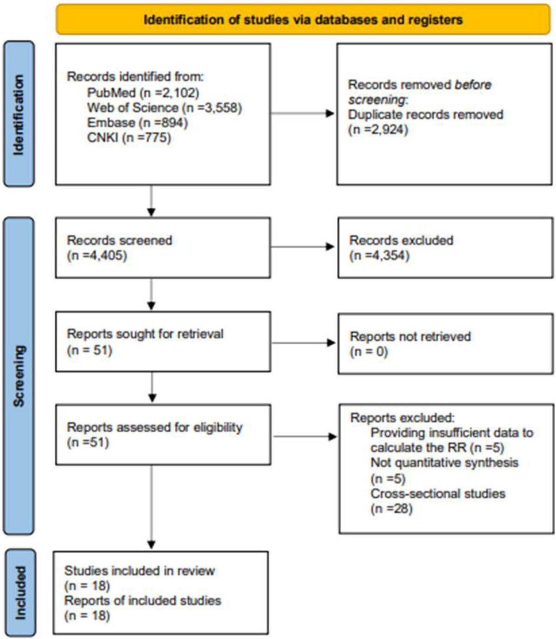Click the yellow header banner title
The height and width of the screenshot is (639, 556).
click(x=303, y=20)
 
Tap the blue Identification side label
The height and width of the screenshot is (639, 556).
click(x=19, y=114)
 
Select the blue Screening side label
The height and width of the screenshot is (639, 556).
click(x=19, y=376)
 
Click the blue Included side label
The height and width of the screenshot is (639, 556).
click(x=20, y=593)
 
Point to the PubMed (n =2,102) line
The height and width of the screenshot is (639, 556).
click(x=143, y=93)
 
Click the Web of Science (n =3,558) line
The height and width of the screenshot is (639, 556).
click(x=164, y=108)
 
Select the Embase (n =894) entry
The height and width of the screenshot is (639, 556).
click(x=138, y=123)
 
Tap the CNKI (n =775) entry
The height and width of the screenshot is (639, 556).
click(x=129, y=138)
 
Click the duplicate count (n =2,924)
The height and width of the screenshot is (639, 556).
click(x=378, y=129)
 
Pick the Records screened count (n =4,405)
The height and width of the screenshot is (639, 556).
click(x=97, y=256)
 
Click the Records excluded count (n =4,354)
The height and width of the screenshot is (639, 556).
click(x=379, y=256)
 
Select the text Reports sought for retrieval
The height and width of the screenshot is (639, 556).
click(x=145, y=334)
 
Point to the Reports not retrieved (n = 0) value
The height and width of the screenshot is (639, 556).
click(x=369, y=352)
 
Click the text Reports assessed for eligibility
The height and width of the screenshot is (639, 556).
click(x=154, y=427)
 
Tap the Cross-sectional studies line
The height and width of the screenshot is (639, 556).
click(x=438, y=493)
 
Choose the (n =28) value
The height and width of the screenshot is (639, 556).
click(x=392, y=509)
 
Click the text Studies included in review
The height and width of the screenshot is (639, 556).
click(x=139, y=570)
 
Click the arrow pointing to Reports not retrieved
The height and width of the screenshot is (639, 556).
click(x=303, y=343)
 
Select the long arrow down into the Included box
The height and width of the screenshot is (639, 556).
click(x=152, y=506)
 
